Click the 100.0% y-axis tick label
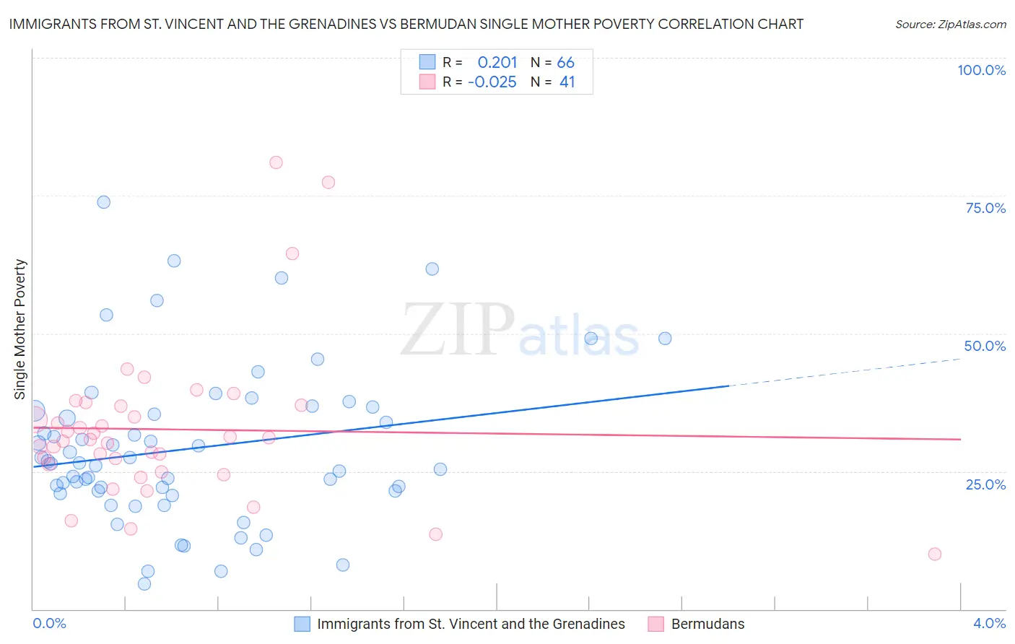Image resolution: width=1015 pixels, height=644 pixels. [x=981, y=70]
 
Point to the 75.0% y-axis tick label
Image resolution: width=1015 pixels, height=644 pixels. [x=985, y=208]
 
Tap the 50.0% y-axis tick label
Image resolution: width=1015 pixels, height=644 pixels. [x=985, y=346]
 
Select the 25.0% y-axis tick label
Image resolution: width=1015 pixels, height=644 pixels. [x=985, y=484]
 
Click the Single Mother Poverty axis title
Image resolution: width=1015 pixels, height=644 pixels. [x=20, y=329]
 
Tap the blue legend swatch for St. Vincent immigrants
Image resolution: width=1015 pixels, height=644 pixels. [x=302, y=624]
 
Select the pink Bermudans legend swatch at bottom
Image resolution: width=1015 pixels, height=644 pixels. [x=655, y=624]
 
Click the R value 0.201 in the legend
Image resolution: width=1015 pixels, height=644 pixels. [x=497, y=63]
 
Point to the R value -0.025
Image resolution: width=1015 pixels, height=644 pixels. [x=492, y=82]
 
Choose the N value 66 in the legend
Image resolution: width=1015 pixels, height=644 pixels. [x=565, y=63]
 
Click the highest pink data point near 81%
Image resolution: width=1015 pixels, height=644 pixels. [x=276, y=162]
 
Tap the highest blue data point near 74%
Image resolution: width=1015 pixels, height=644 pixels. [x=104, y=202]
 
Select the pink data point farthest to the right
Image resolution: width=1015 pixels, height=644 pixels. [x=935, y=554]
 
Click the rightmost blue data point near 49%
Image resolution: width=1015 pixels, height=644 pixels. [x=665, y=339]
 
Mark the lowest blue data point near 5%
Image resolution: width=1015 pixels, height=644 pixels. [x=144, y=584]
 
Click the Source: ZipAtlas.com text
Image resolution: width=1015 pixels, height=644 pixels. [x=950, y=25]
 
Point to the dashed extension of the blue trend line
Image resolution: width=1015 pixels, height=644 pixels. [x=845, y=372]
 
